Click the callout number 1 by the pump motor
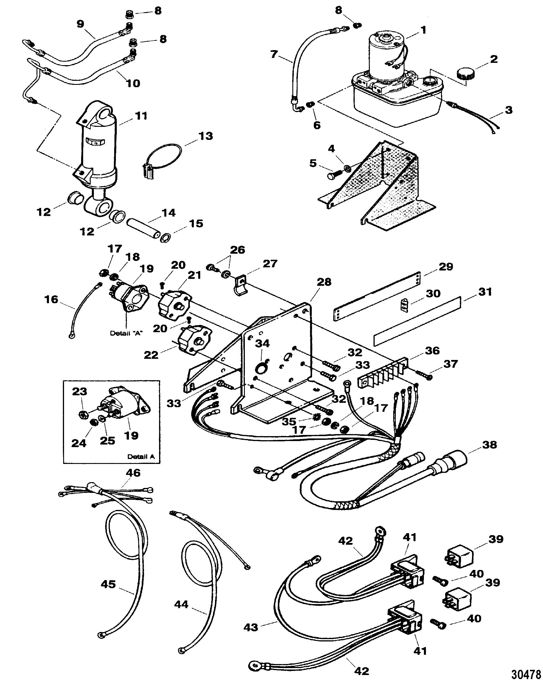point(423,30)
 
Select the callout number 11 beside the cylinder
point(141,116)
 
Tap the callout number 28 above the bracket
point(324,282)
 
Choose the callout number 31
point(485,292)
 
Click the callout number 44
point(181,604)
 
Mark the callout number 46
point(133,482)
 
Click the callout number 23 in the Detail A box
point(79,392)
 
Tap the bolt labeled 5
point(333,174)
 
